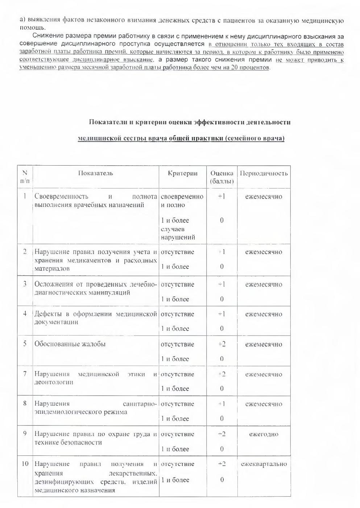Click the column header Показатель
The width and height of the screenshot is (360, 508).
96,173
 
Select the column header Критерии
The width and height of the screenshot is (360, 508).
183,173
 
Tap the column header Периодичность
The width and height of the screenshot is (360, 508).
264,173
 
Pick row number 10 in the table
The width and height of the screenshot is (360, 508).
25,464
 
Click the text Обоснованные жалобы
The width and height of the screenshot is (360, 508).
70,344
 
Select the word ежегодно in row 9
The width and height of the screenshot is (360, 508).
264,434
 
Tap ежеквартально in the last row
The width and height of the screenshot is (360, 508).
264,464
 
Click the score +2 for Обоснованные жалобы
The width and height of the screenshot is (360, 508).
222,344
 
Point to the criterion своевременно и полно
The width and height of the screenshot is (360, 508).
182,201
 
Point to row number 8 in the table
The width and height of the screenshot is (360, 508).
25,403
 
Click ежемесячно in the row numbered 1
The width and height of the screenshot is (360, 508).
264,197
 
